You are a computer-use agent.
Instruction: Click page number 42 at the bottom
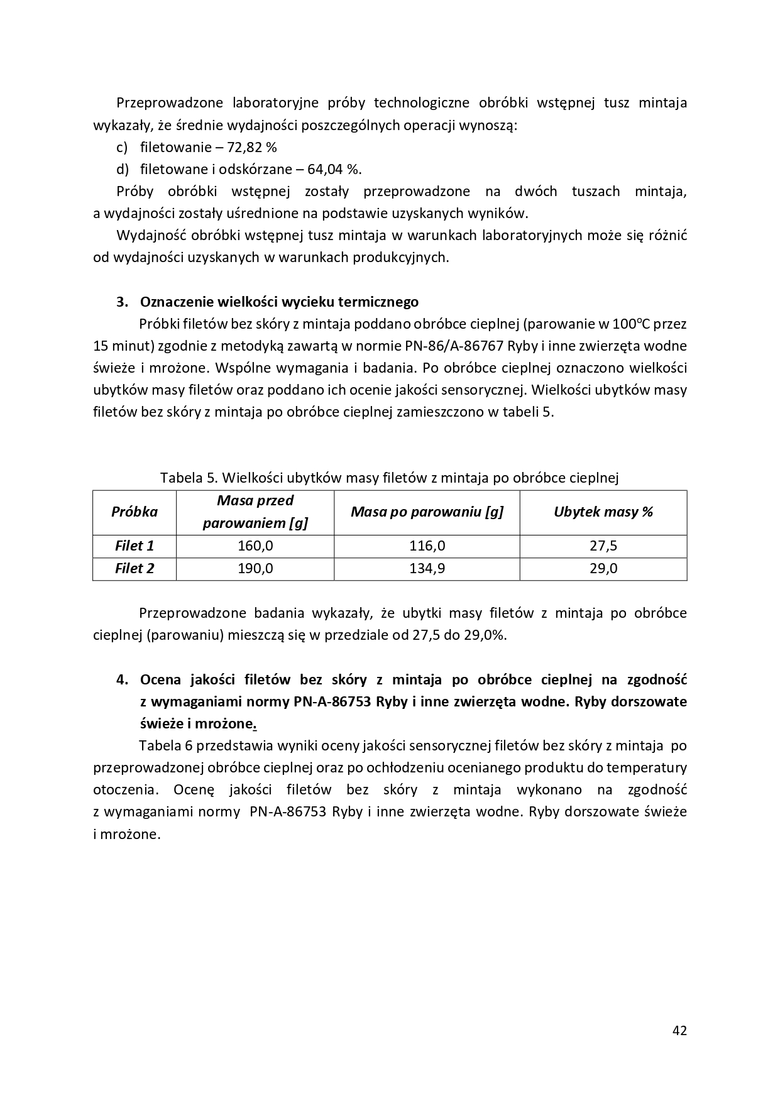pos(679,1030)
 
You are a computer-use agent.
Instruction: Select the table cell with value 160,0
pos(255,546)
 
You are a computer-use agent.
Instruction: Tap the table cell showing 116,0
pos(427,546)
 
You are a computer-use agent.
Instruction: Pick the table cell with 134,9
pos(427,569)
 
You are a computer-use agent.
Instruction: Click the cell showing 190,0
pos(255,569)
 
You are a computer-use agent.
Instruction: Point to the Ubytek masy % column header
pos(603,512)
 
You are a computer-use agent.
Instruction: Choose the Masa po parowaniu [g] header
pos(427,512)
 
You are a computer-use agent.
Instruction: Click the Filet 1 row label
pos(135,546)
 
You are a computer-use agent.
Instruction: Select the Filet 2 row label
pos(135,569)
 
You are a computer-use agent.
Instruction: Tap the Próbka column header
pos(135,512)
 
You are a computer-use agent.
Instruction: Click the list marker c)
pos(122,148)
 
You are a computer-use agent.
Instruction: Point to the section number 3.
pos(122,302)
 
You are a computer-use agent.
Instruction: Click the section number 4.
pos(122,680)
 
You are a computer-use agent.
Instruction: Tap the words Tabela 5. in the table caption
pos(188,478)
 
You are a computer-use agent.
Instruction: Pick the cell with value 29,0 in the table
pos(603,569)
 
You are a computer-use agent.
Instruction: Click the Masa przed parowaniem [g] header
pos(255,512)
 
